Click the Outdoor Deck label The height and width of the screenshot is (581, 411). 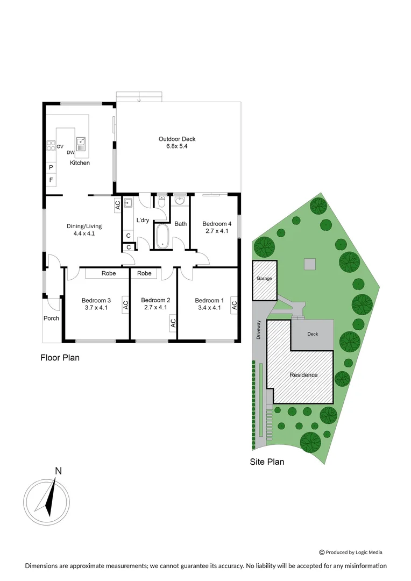click(x=177, y=139)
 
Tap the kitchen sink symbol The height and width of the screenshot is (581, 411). click(x=81, y=143)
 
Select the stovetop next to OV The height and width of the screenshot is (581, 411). click(x=51, y=145)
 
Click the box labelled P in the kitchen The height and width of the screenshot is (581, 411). click(x=51, y=167)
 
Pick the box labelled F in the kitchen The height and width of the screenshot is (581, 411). click(x=51, y=180)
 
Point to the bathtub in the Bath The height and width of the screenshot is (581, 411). click(x=162, y=236)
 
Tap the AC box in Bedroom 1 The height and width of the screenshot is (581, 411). click(x=234, y=304)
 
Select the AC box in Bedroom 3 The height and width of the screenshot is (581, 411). click(x=125, y=304)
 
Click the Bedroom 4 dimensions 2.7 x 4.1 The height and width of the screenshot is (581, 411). click(x=217, y=231)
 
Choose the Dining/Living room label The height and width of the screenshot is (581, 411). click(x=84, y=226)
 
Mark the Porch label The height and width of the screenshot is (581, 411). click(x=52, y=318)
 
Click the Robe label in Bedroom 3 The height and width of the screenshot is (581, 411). click(x=109, y=273)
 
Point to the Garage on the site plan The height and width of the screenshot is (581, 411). click(x=265, y=278)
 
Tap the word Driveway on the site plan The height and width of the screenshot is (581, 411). click(x=258, y=330)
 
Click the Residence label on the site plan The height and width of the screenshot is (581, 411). click(x=303, y=375)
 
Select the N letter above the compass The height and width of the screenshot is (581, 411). click(x=58, y=471)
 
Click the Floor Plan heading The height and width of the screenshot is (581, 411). click(x=60, y=357)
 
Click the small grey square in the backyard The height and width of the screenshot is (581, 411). click(x=309, y=264)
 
